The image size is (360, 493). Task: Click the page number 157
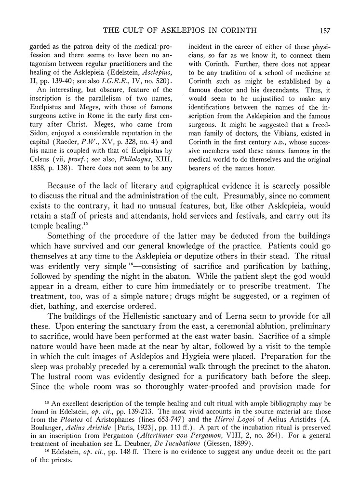(323, 31)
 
